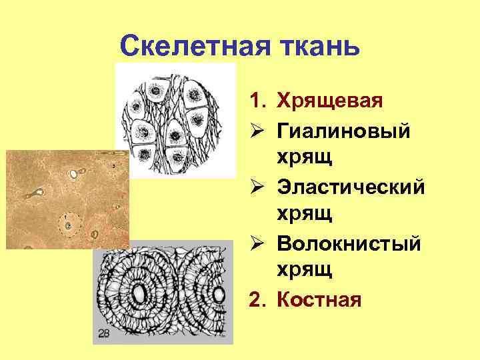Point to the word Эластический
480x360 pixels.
350,187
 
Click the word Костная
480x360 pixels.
319,299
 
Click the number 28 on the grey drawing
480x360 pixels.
104,333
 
